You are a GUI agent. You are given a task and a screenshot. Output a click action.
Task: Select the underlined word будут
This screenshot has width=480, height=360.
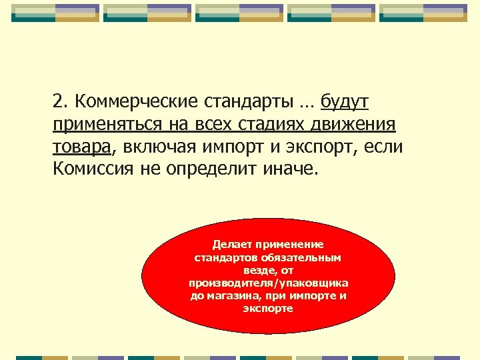click(x=345, y=102)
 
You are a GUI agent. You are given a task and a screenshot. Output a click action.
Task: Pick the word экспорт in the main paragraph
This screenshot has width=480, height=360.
click(x=319, y=147)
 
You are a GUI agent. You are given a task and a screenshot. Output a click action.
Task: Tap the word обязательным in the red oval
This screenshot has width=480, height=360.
click(x=301, y=257)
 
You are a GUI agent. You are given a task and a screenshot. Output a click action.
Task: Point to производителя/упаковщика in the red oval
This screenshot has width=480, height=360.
click(x=268, y=283)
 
